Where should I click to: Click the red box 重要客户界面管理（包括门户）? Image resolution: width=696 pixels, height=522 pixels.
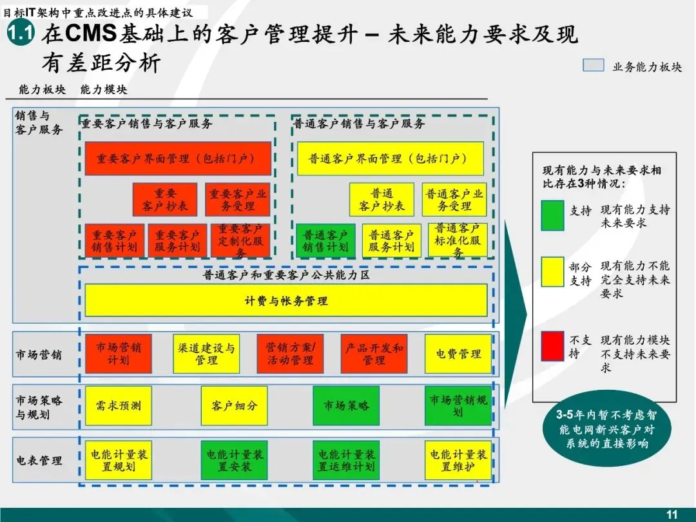pos(178,159)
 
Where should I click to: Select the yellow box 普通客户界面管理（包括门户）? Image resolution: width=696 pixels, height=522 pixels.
pos(390,159)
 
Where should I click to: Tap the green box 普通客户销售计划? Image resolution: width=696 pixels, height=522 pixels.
pos(325,240)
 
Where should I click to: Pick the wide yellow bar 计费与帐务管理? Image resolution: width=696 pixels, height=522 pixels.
pos(286,300)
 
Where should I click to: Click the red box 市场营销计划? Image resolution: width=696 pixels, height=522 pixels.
pos(119,353)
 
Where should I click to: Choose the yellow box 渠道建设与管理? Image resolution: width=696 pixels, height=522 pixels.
pos(206,353)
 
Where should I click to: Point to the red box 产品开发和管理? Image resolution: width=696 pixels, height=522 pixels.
pos(374,353)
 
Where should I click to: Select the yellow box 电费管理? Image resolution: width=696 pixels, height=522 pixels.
pos(458,353)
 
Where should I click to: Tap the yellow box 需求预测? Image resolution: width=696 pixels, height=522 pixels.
pos(119,406)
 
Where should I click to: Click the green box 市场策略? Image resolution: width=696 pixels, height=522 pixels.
pos(346,406)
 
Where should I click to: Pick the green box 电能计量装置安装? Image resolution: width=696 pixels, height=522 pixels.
pos(234,460)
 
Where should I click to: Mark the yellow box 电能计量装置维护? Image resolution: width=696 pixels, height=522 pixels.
pos(458,460)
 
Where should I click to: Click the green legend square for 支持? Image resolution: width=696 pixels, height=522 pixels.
pos(552,216)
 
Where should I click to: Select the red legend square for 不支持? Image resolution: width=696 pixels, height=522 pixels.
pos(552,345)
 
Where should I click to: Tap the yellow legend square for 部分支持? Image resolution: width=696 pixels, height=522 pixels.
pos(552,272)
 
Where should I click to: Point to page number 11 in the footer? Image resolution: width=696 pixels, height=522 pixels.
pos(672,514)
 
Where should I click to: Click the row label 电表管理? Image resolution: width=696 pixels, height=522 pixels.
pos(39,461)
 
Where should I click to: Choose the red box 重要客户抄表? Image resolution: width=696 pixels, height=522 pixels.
pos(165,200)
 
